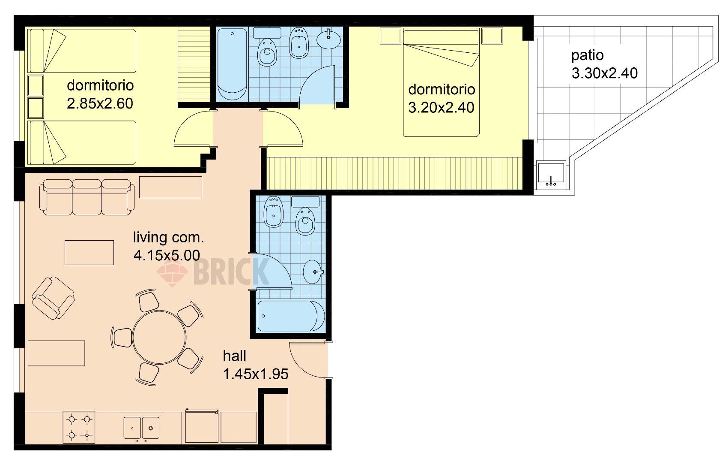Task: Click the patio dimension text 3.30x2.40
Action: pos(605,73)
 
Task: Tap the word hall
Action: pos(234,356)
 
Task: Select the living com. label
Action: pos(168,238)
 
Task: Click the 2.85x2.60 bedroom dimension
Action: pos(100,103)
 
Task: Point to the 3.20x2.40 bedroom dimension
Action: pos(441,107)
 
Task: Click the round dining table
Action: pos(159,338)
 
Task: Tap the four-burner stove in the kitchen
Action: pos(79,427)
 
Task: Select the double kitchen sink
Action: pos(141,428)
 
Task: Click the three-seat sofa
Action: pos(87,197)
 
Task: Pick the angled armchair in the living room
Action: pos(53,298)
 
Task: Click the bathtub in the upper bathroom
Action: pos(232,64)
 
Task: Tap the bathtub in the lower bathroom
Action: pos(291,316)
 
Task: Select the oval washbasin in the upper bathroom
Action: pos(328,39)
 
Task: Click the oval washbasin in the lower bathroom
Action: pos(313,272)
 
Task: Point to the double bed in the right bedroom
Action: pos(441,83)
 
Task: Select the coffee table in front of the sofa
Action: pos(90,253)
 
